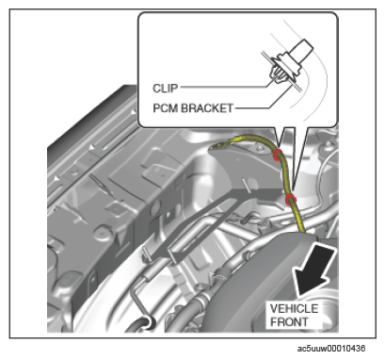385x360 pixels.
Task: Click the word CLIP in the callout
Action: [165, 88]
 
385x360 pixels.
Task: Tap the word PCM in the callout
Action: [166, 108]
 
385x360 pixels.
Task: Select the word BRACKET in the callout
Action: [207, 108]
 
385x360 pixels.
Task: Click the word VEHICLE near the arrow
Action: [294, 308]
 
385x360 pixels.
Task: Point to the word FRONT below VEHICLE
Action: [289, 321]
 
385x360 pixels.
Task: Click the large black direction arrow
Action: [313, 270]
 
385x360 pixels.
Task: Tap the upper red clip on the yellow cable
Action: [277, 155]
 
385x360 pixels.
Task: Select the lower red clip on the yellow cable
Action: [291, 199]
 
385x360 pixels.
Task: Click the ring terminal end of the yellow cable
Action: [217, 145]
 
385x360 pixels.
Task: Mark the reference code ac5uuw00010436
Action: [330, 348]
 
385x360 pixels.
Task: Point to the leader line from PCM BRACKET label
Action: [265, 102]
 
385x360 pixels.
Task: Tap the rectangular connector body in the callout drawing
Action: [302, 49]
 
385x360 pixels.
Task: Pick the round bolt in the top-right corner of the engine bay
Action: [329, 145]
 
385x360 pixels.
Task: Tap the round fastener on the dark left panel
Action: [102, 234]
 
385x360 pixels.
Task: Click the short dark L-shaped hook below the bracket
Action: [249, 218]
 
